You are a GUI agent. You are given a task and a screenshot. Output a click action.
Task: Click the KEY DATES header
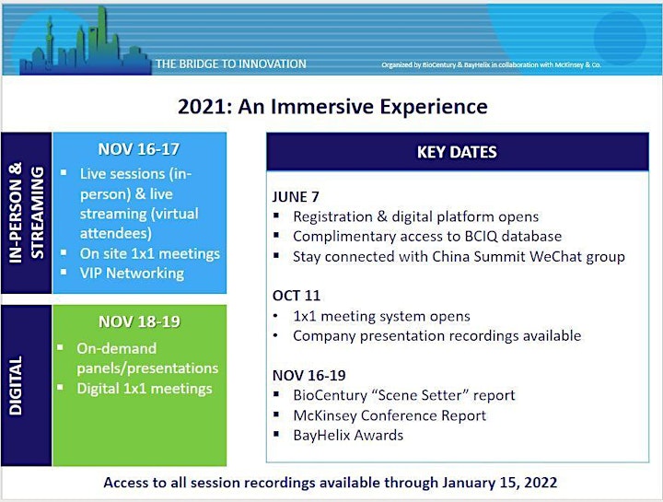(457, 152)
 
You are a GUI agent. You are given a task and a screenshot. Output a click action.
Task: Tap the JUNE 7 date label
(296, 197)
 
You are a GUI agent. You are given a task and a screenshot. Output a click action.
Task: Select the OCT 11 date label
(297, 296)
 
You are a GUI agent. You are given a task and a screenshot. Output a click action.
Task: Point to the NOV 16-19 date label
(309, 375)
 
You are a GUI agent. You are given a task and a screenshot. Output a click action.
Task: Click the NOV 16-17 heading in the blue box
(139, 149)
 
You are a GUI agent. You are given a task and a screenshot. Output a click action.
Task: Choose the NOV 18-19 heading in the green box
(140, 321)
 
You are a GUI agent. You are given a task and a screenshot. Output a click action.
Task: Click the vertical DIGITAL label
(16, 385)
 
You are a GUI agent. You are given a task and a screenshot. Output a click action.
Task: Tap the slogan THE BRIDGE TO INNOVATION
(231, 64)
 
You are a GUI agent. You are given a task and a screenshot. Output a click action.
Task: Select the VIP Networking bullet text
(132, 274)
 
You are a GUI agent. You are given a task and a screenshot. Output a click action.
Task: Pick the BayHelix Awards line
(348, 435)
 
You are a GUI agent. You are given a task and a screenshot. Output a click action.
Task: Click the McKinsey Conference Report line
(390, 415)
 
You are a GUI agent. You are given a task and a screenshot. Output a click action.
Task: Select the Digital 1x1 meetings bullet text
(145, 389)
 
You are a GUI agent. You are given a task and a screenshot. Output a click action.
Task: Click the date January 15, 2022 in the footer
(500, 483)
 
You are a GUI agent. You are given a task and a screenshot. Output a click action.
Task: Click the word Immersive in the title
(322, 106)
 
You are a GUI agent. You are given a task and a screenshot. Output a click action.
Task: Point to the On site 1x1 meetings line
(150, 253)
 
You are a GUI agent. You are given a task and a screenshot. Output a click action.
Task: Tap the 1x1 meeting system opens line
(382, 316)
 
